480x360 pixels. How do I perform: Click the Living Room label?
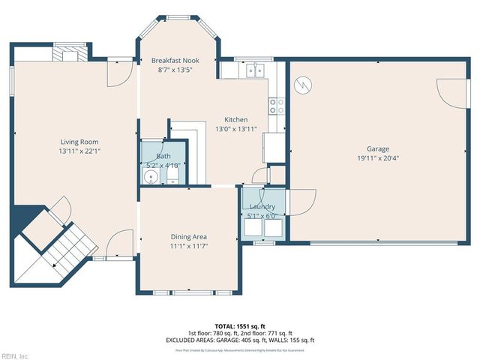79,142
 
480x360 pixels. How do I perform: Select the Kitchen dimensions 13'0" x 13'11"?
236,129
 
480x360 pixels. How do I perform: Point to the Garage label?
377,148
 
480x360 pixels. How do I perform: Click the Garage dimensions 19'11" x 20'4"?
377,158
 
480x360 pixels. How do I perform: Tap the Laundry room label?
262,206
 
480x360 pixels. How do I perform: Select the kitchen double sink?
255,70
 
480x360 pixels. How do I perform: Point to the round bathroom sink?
151,176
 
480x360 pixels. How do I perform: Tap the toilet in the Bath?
172,176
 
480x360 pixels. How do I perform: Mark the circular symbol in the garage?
302,85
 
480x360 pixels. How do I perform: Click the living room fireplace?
69,53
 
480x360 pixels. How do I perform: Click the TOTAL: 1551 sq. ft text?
240,326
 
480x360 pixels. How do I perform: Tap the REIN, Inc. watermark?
15,355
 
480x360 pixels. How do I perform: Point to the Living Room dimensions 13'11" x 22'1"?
79,151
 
